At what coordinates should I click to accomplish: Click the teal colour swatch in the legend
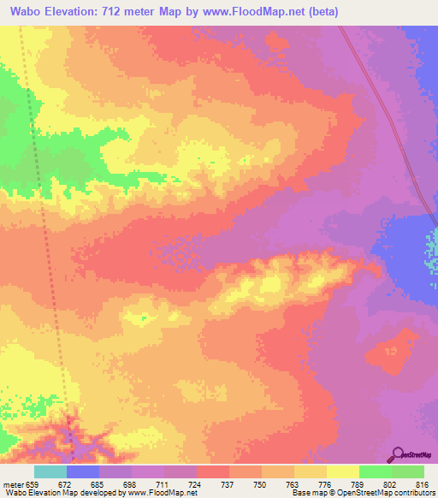click(50, 471)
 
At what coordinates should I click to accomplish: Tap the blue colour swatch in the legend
click(82, 471)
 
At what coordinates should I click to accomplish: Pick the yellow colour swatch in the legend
click(342, 471)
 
